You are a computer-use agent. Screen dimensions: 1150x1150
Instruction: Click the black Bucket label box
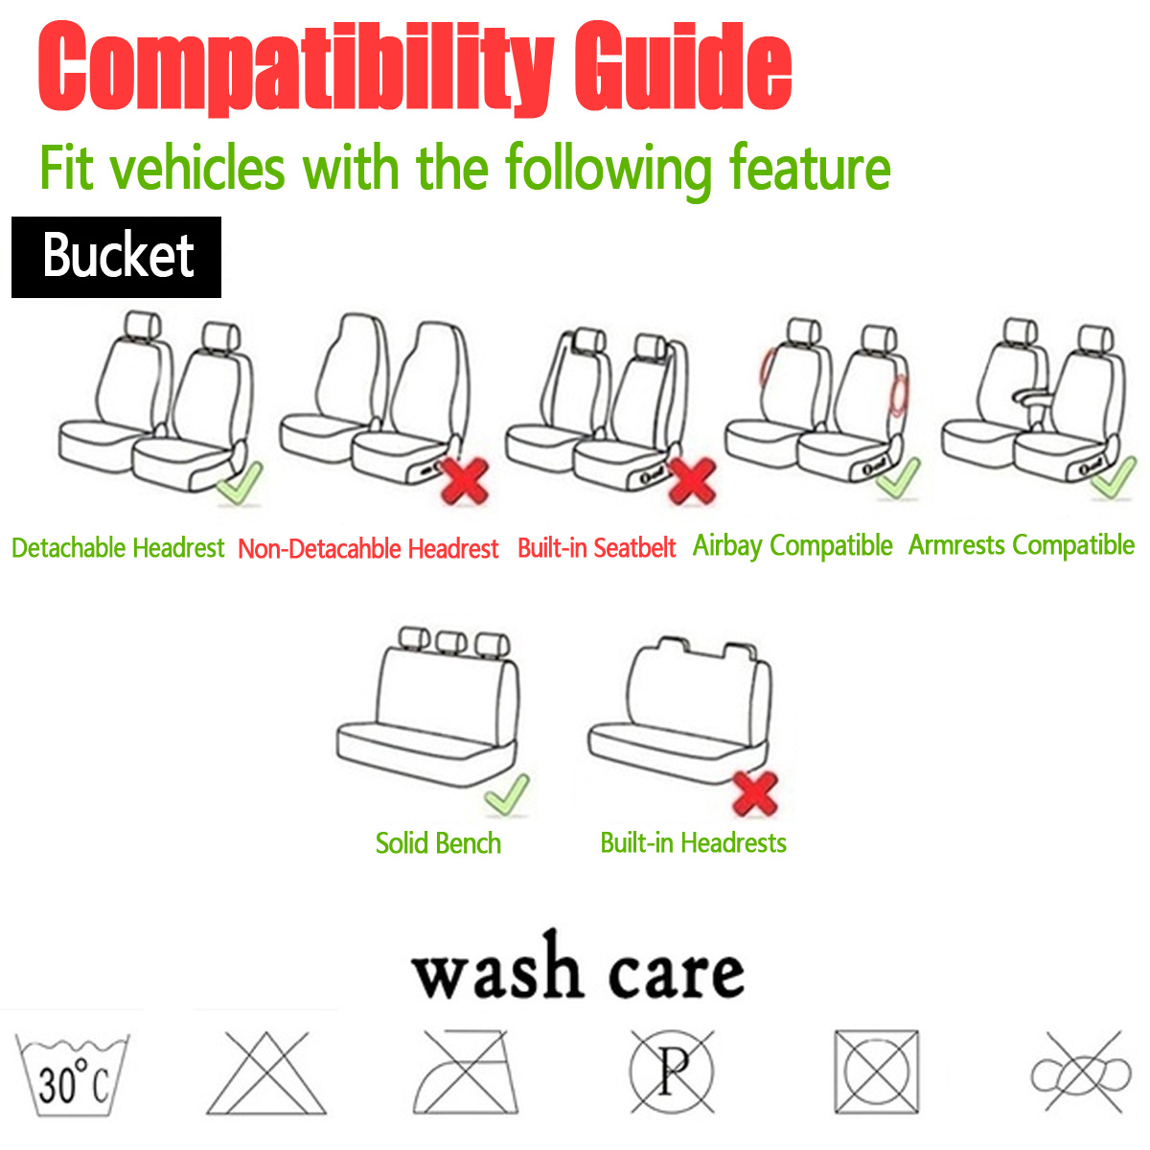pos(116,257)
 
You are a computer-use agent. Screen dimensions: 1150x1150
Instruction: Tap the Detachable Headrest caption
pos(118,548)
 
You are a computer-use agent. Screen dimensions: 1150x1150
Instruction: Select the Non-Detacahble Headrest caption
pos(368,549)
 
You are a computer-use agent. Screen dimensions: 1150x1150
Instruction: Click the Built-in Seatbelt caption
pos(596,548)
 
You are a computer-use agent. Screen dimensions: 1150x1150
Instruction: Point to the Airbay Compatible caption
pos(793,545)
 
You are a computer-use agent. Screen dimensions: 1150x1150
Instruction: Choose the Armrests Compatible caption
pos(1022,545)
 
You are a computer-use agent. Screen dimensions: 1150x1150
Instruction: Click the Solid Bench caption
pos(438,843)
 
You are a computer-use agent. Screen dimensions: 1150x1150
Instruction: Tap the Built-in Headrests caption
pos(693,843)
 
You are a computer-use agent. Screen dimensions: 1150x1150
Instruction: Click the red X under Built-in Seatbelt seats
pos(691,479)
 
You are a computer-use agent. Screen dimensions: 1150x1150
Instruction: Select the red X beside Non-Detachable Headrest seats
pos(465,480)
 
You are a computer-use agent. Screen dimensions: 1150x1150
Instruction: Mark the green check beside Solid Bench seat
pos(507,793)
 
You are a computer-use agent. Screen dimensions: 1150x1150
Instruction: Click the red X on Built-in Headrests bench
pos(755,793)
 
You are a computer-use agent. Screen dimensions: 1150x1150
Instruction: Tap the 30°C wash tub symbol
pos(73,1075)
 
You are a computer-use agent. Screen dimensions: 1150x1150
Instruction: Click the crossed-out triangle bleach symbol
pos(258,1073)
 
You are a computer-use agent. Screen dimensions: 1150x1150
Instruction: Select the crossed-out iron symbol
pos(461,1073)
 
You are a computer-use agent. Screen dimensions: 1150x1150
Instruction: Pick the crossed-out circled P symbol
pos(673,1071)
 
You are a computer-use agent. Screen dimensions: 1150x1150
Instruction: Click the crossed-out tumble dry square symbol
pos(876,1072)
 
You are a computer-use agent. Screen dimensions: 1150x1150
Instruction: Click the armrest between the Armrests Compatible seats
pos(1030,395)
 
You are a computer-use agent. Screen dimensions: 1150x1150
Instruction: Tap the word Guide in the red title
pos(682,69)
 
